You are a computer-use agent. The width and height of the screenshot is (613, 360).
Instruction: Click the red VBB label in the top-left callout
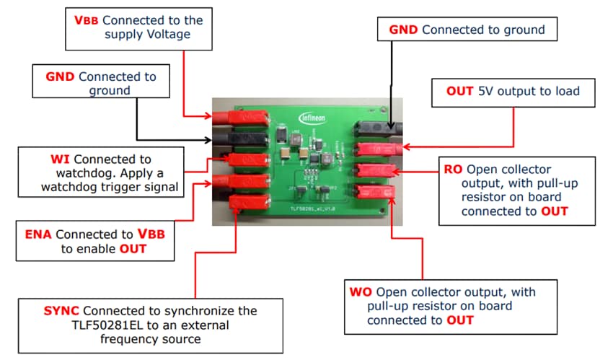pyautogui.click(x=87, y=19)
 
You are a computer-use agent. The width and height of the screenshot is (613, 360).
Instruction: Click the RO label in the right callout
pyautogui.click(x=453, y=170)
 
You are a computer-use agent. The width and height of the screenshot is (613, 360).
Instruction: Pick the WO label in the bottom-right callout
pyautogui.click(x=360, y=292)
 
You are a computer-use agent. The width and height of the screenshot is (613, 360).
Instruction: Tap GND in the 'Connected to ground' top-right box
pyautogui.click(x=404, y=30)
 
